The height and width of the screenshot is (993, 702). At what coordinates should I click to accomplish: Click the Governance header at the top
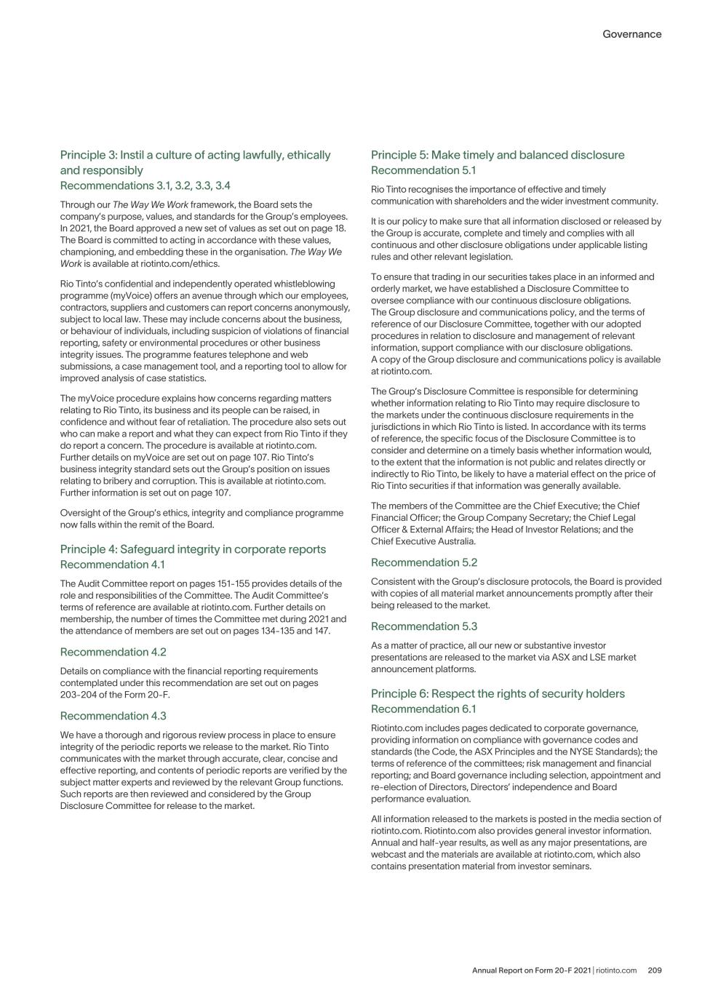click(631, 34)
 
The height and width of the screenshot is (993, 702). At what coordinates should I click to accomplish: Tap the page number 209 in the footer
click(654, 970)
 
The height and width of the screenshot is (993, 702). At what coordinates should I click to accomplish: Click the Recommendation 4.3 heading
click(113, 716)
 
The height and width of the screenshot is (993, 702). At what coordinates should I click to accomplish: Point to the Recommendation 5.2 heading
click(424, 562)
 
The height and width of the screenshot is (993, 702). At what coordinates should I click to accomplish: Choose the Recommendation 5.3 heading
click(424, 626)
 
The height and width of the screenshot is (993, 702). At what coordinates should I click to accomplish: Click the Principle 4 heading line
click(193, 549)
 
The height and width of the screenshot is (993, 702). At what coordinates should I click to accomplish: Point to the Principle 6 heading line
click(498, 693)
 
